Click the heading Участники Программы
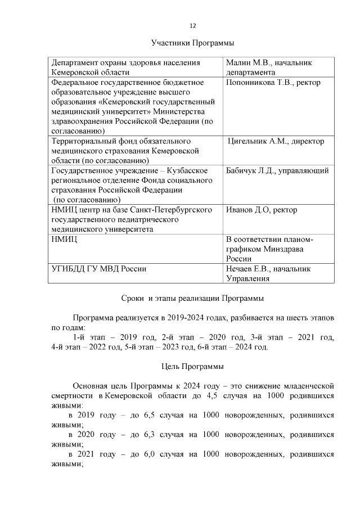click(x=192, y=43)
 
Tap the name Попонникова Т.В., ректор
click(x=273, y=83)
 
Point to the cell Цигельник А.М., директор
click(x=276, y=142)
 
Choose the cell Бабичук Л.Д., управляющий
click(x=277, y=171)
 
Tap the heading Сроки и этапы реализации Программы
click(x=192, y=298)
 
